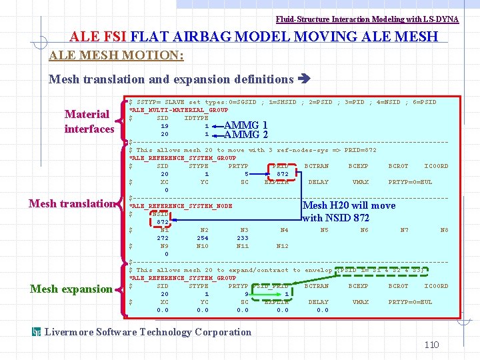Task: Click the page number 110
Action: click(x=432, y=345)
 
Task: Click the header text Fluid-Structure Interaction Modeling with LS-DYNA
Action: click(x=367, y=19)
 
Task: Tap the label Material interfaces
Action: click(x=89, y=121)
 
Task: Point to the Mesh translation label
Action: click(x=72, y=203)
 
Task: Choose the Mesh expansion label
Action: click(x=71, y=289)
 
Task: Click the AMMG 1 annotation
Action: click(x=246, y=125)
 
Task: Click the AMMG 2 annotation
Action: click(x=246, y=135)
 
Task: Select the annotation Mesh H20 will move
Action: click(x=349, y=205)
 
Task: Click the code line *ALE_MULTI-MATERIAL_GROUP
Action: click(x=178, y=109)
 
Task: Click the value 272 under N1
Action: click(x=163, y=238)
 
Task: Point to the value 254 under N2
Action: click(x=202, y=238)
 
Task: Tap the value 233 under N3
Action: click(x=243, y=238)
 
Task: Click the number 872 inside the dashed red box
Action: click(x=163, y=222)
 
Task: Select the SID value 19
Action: click(x=164, y=125)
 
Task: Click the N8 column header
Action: click(x=444, y=230)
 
